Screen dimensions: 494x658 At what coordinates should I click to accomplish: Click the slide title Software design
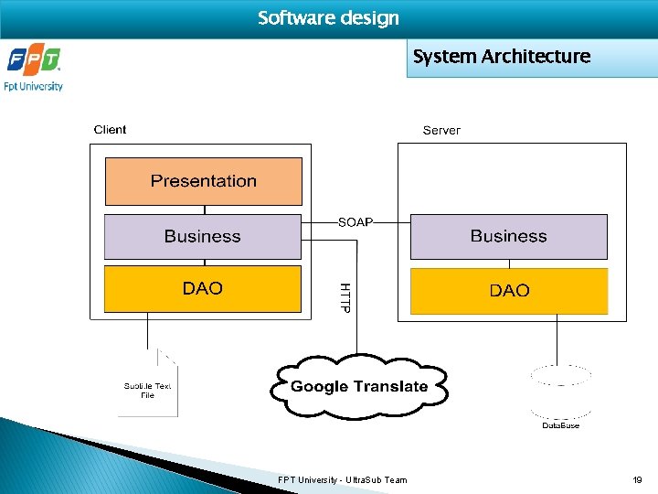point(328,18)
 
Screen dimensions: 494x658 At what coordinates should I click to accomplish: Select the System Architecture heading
point(501,57)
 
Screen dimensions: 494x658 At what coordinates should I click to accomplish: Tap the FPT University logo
point(35,70)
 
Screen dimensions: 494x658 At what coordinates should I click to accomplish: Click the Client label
point(110,130)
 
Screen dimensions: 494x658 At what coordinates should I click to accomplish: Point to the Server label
point(441,131)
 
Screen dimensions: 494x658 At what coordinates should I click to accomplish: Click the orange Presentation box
point(203,181)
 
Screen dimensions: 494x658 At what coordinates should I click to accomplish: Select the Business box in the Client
point(203,236)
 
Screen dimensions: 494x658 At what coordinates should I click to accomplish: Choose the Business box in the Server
point(508,236)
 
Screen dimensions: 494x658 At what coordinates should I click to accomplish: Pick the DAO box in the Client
point(203,289)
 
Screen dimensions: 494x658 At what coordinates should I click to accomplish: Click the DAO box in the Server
point(508,291)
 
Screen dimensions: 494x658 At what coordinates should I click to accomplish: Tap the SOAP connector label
point(356,222)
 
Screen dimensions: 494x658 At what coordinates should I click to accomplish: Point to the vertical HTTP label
point(345,297)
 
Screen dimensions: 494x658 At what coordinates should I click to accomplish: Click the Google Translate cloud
point(358,387)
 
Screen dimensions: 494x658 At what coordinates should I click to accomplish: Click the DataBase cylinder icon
point(560,389)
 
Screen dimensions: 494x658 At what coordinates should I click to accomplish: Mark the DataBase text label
point(560,425)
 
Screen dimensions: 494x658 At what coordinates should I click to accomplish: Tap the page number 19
point(637,479)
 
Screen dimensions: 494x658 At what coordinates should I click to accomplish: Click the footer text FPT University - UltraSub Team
point(343,479)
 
